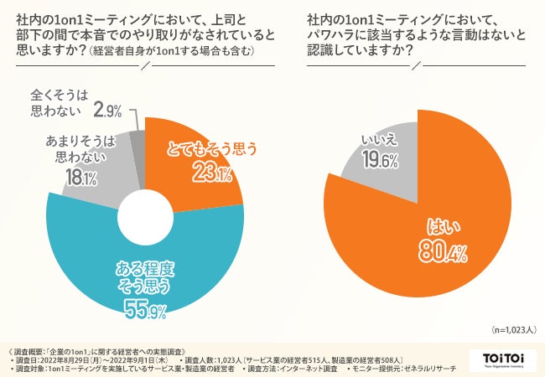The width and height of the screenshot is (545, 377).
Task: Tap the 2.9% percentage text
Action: coord(109,110)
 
